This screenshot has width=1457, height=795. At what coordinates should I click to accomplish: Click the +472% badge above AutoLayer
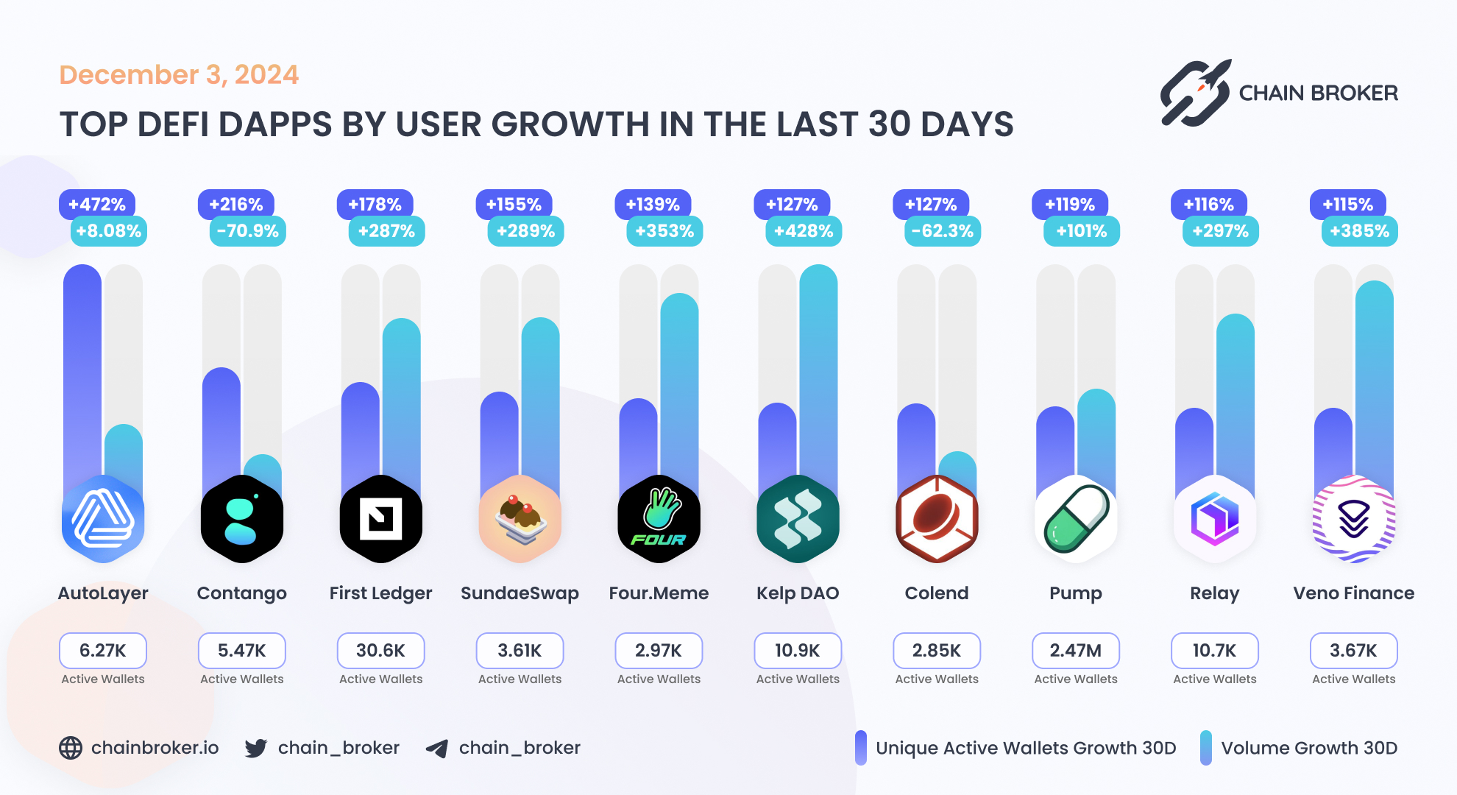click(96, 204)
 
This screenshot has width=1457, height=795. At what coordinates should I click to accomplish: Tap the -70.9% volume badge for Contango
click(247, 231)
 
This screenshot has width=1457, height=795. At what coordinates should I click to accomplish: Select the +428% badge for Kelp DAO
click(803, 231)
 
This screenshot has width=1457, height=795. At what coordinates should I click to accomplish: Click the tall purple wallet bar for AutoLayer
click(82, 368)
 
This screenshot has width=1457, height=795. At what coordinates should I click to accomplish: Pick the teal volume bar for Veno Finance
click(1374, 383)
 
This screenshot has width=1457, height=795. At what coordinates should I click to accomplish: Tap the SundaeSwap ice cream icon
click(520, 519)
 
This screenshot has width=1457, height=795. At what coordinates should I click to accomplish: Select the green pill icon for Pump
click(1076, 519)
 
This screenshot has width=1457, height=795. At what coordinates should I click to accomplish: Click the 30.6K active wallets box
click(380, 651)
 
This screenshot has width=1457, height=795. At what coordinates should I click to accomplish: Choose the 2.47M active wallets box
click(1075, 651)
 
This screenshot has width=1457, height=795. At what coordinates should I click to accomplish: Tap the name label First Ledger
click(380, 593)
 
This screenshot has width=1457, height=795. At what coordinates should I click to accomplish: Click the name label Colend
click(936, 593)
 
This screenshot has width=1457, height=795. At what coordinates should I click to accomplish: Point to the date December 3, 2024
click(179, 74)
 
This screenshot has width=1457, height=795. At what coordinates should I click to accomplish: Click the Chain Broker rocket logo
click(1195, 93)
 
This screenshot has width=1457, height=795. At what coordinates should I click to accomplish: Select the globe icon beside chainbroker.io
click(71, 748)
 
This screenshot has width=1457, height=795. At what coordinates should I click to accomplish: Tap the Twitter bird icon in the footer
click(255, 748)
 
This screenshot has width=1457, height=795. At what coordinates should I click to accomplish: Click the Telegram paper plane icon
click(437, 749)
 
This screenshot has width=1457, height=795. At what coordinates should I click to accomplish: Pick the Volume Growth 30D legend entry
click(1299, 748)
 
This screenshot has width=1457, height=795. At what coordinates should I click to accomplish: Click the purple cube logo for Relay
click(1214, 519)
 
